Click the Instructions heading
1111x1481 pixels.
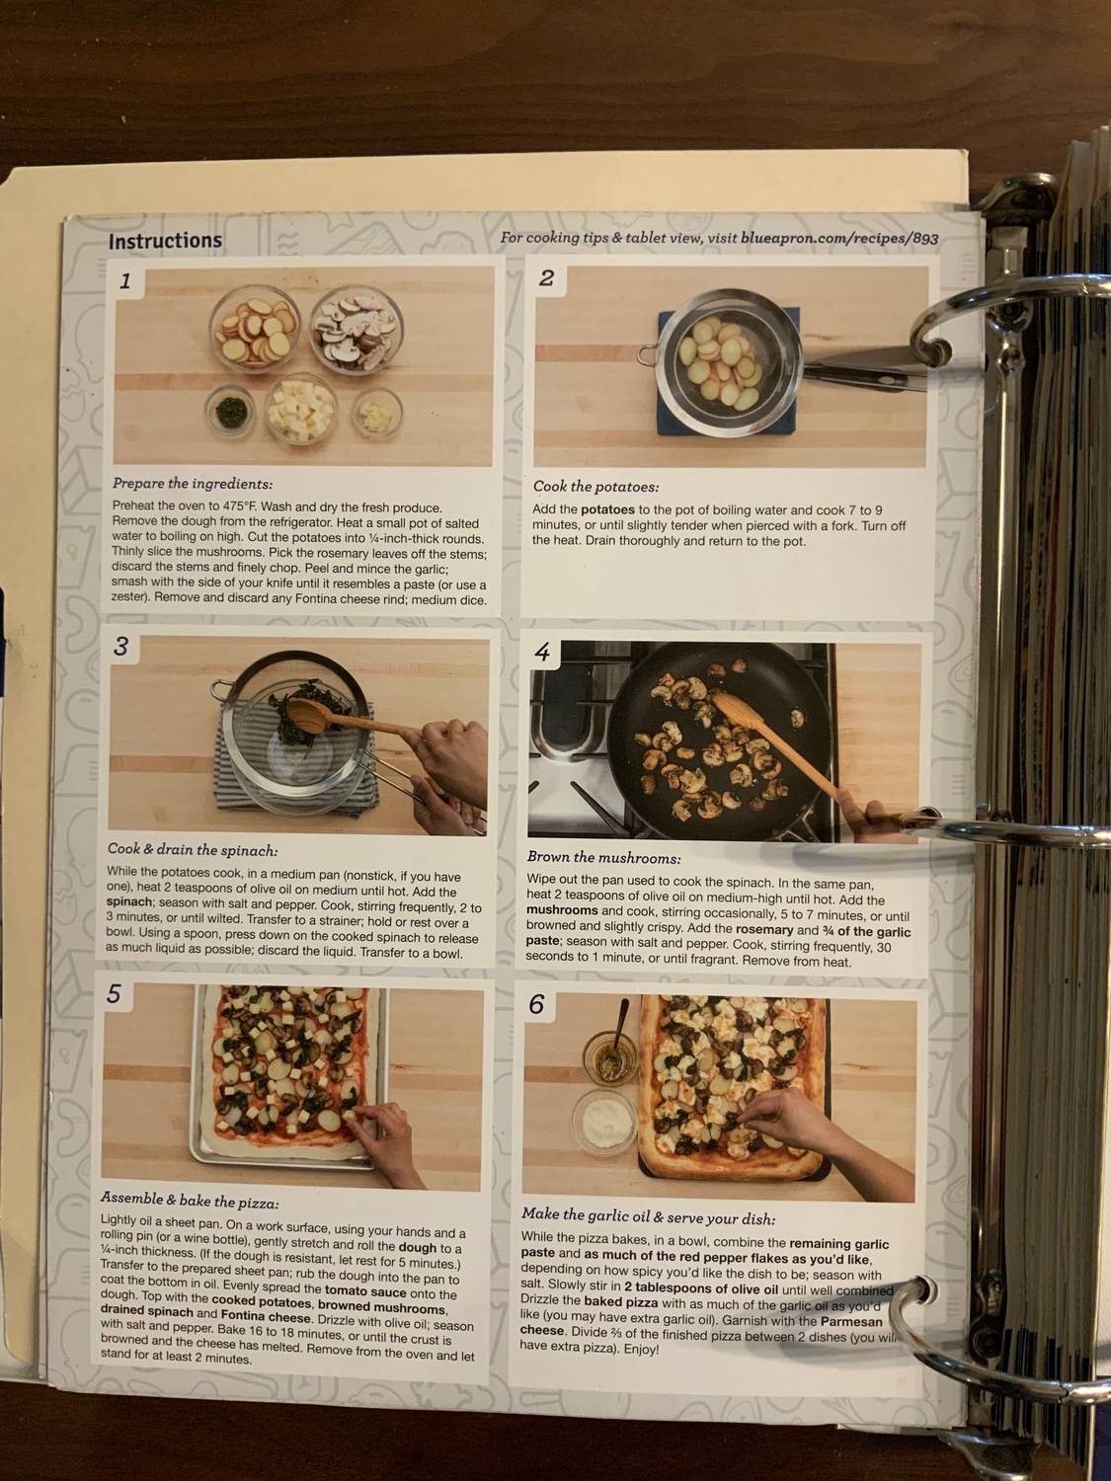coord(165,241)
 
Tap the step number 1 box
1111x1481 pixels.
coord(125,281)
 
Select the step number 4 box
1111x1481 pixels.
coord(542,652)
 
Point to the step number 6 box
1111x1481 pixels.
coord(536,1004)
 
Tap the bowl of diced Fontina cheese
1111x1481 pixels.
coord(299,408)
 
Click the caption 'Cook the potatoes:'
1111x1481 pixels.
coord(595,486)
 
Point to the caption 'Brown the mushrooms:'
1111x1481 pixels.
coord(603,857)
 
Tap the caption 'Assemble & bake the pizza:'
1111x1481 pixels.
coord(190,1201)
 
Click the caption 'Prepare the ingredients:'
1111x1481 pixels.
coord(193,484)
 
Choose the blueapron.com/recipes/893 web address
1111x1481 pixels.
coord(838,238)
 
